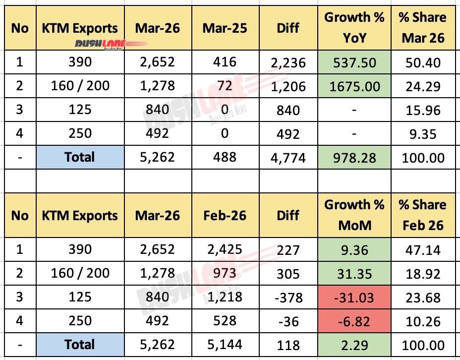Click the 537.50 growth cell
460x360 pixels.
point(354,62)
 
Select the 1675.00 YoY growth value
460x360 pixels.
point(354,86)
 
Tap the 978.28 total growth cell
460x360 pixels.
point(354,158)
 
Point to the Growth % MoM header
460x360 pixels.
point(354,215)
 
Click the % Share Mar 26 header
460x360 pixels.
point(423,28)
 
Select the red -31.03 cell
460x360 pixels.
point(354,297)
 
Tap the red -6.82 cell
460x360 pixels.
point(354,321)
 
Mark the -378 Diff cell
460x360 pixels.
point(288,297)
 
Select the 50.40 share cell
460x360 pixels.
point(423,62)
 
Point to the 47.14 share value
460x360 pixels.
point(423,249)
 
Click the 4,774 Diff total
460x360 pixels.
point(288,158)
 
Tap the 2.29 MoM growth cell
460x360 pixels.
point(354,345)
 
